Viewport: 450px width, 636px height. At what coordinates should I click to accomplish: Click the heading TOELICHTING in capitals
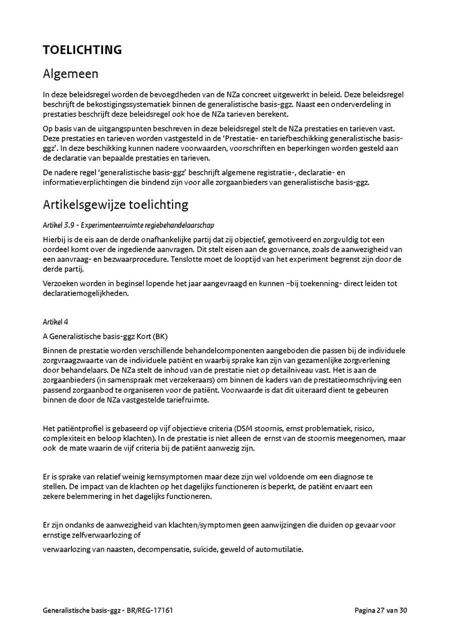pos(82,50)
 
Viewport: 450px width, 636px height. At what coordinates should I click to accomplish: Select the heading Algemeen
pos(70,74)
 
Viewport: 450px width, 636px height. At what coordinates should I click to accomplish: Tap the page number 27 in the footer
pos(382,610)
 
